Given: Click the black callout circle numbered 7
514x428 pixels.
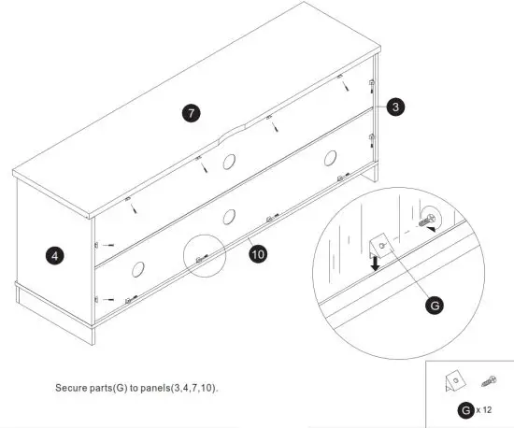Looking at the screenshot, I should [x=191, y=113].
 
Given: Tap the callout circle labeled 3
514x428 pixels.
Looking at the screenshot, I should [x=396, y=107].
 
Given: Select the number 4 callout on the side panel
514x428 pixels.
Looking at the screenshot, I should [x=57, y=253].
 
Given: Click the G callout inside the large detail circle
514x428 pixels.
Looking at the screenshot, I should [x=433, y=304].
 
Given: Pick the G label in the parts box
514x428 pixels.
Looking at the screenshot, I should [x=464, y=410].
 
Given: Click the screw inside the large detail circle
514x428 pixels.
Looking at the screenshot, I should [x=430, y=221].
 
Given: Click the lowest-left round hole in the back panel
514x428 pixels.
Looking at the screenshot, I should [x=136, y=270].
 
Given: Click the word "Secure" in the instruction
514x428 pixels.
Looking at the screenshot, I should [x=72, y=385].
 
